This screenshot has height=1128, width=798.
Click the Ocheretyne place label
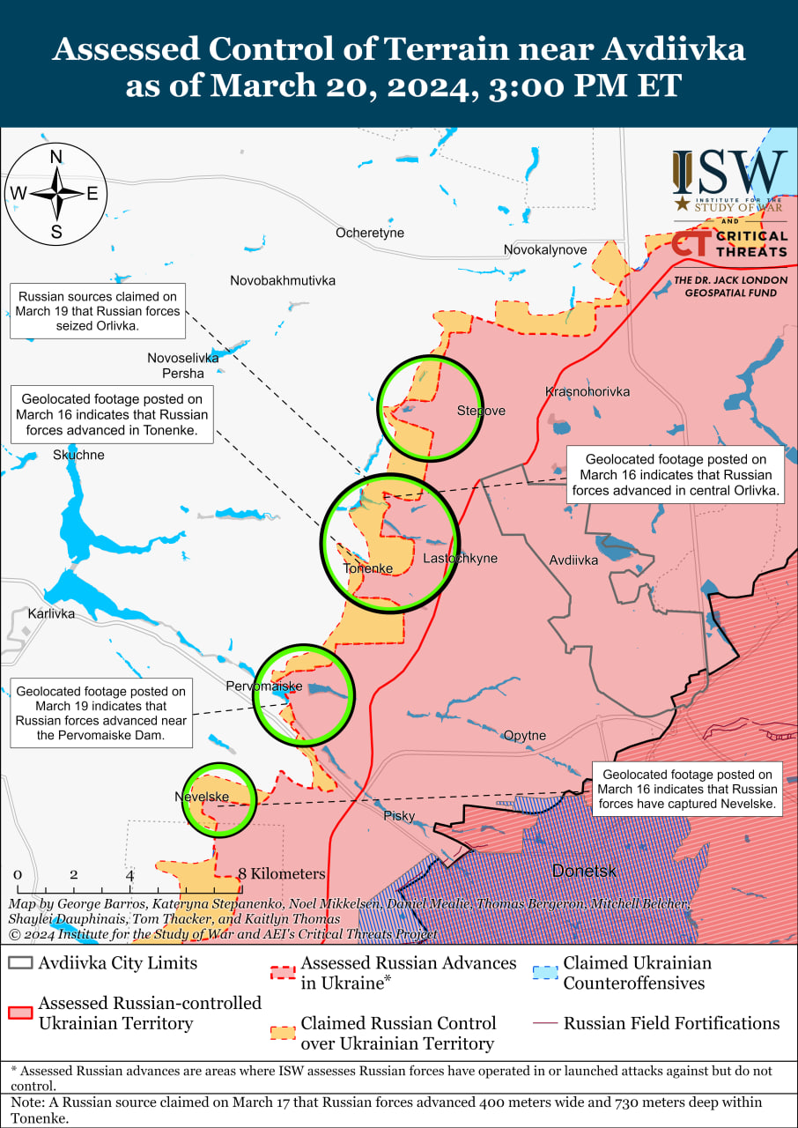coord(370,233)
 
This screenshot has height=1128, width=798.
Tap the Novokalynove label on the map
coord(545,250)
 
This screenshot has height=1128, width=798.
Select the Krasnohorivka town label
coord(587,391)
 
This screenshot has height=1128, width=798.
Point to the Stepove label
coord(481,411)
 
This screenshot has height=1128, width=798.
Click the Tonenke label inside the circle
coord(367,568)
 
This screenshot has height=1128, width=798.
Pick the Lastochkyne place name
coord(460,559)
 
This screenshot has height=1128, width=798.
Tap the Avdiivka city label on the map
coord(573,560)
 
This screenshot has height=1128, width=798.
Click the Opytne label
coord(525,736)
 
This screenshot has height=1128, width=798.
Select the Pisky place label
coord(399,816)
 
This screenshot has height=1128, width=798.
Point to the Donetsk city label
coord(584,871)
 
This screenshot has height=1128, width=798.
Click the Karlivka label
coord(51,613)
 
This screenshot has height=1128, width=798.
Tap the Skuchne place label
coord(78,455)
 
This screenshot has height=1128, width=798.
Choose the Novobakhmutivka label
coord(283,281)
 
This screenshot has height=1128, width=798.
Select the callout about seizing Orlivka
coord(99,311)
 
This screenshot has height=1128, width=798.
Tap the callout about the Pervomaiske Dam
coord(101,714)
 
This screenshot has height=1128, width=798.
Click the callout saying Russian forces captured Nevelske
coord(687,789)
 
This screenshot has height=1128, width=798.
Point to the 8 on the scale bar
coord(242,874)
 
